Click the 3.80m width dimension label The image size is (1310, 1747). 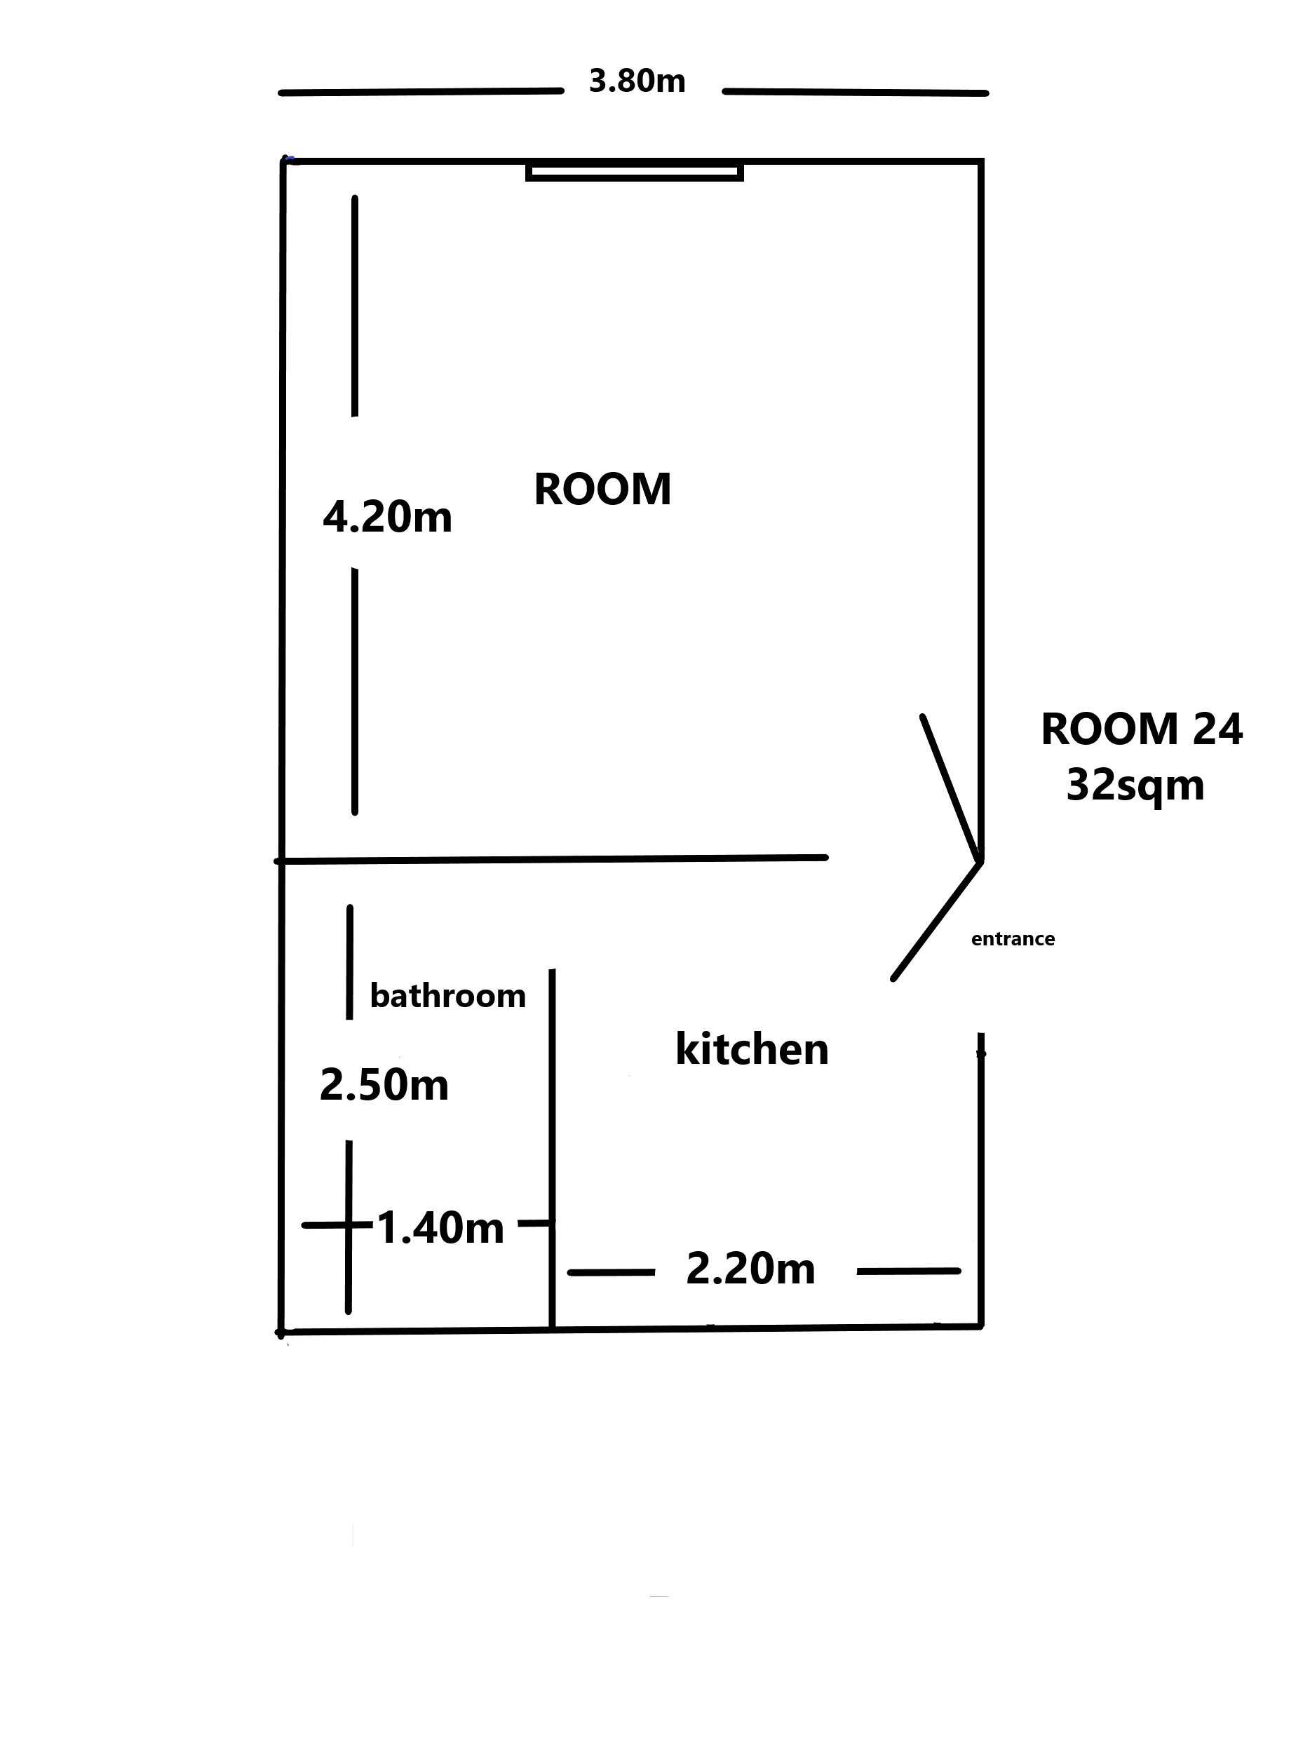[x=637, y=81]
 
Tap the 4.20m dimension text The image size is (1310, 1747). [x=388, y=518]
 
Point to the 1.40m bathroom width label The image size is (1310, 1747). [x=440, y=1228]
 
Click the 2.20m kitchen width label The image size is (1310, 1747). [x=751, y=1269]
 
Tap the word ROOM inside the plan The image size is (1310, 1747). [x=602, y=489]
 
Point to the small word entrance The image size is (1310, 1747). [x=1013, y=938]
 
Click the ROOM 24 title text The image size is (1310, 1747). [x=1142, y=728]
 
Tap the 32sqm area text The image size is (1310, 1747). [x=1135, y=785]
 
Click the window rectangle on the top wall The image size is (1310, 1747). [x=635, y=171]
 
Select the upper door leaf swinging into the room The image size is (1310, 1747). [x=952, y=788]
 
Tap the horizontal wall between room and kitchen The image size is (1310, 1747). [x=551, y=858]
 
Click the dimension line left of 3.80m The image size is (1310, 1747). [x=421, y=92]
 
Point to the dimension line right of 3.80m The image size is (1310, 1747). [x=855, y=93]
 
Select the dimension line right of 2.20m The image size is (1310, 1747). [x=909, y=1271]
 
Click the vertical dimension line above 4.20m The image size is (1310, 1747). [x=355, y=306]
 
